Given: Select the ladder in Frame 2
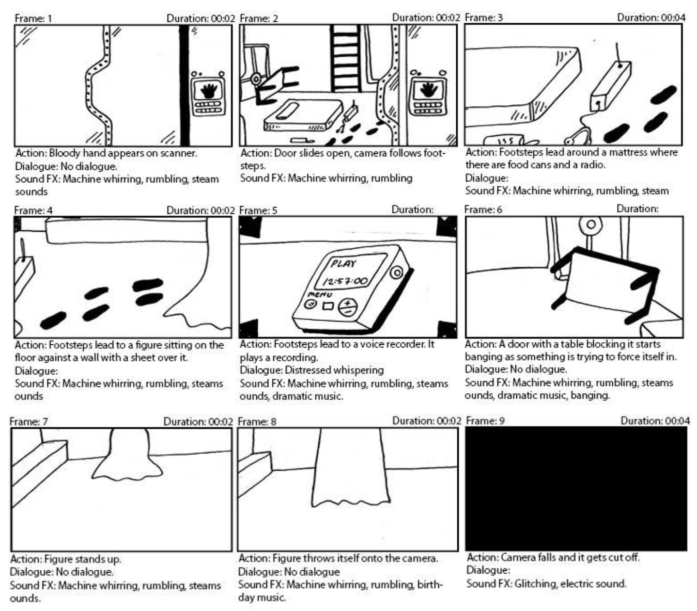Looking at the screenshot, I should pyautogui.click(x=345, y=57).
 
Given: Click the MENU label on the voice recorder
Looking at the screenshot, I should pyautogui.click(x=320, y=294).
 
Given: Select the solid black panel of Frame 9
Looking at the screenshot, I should pyautogui.click(x=575, y=488).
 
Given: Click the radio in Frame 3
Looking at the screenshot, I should pyautogui.click(x=610, y=86).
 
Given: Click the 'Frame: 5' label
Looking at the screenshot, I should pyautogui.click(x=258, y=210).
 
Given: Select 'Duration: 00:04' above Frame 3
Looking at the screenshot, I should pyautogui.click(x=651, y=18).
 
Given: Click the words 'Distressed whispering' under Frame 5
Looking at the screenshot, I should pyautogui.click(x=334, y=370).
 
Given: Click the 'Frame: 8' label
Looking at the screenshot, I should pyautogui.click(x=257, y=421).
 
